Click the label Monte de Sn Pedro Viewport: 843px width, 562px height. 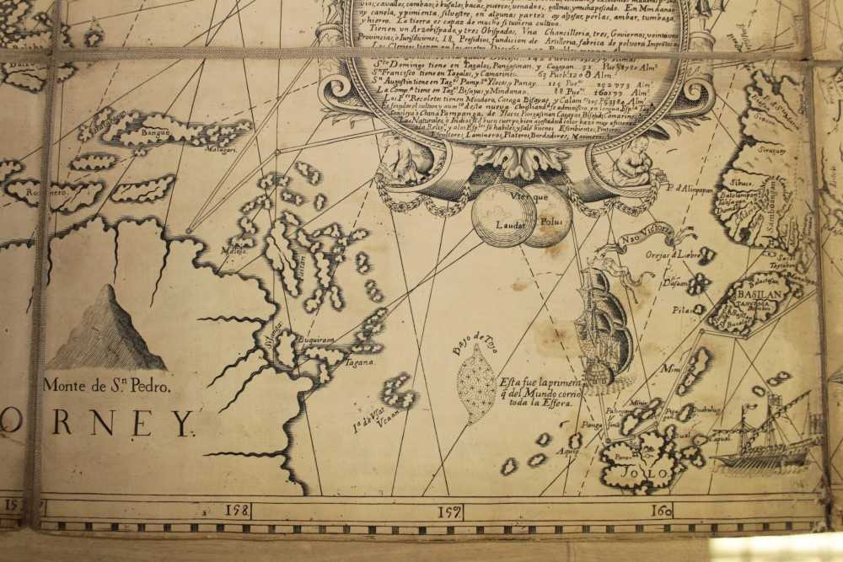point(107,387)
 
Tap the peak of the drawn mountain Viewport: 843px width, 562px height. point(108,288)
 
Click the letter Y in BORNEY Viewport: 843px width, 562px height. point(183,422)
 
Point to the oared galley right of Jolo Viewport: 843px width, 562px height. point(763,447)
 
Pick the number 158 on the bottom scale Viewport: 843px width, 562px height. point(238,510)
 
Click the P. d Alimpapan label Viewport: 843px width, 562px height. point(689,189)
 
